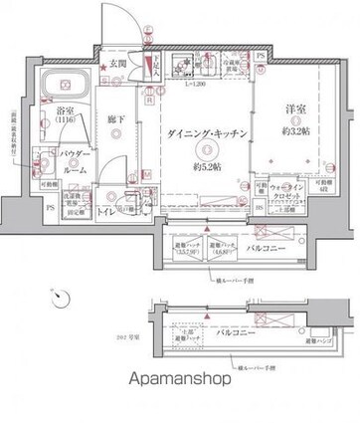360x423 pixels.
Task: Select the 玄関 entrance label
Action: tap(117, 65)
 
